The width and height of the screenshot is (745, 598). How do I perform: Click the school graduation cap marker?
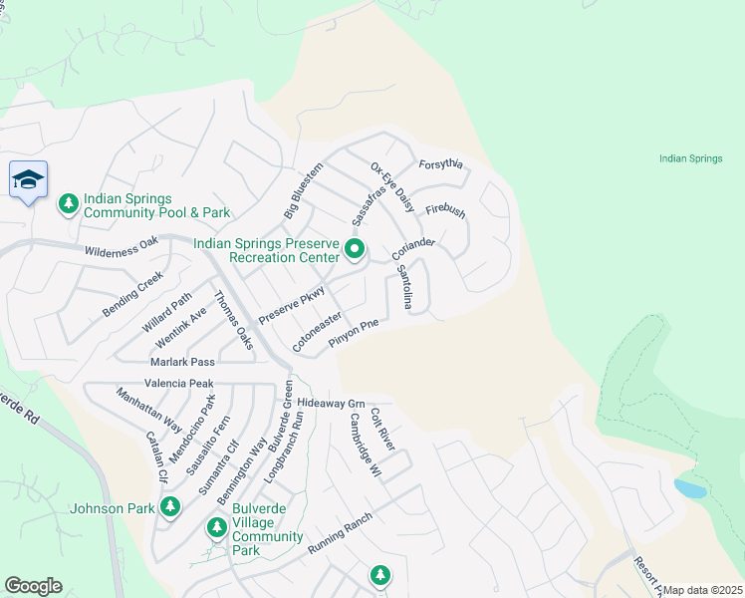coord(28,180)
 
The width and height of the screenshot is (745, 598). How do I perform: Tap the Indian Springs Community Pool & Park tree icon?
coord(69,204)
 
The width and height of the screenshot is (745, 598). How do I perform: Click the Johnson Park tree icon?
coord(170,507)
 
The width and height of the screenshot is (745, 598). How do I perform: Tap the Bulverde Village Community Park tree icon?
coord(215,526)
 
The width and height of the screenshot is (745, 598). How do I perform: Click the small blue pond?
coord(689,488)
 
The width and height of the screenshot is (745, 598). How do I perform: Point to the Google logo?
coord(33,586)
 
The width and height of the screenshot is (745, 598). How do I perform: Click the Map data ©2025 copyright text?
coord(702,590)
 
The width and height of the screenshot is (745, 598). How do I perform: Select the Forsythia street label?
coord(441,164)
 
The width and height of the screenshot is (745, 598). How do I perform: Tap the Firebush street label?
coord(445,211)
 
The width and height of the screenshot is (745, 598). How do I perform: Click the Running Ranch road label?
coord(340,534)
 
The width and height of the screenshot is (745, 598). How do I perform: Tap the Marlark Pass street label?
coord(182,362)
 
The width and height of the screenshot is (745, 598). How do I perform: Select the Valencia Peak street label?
coord(179,383)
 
